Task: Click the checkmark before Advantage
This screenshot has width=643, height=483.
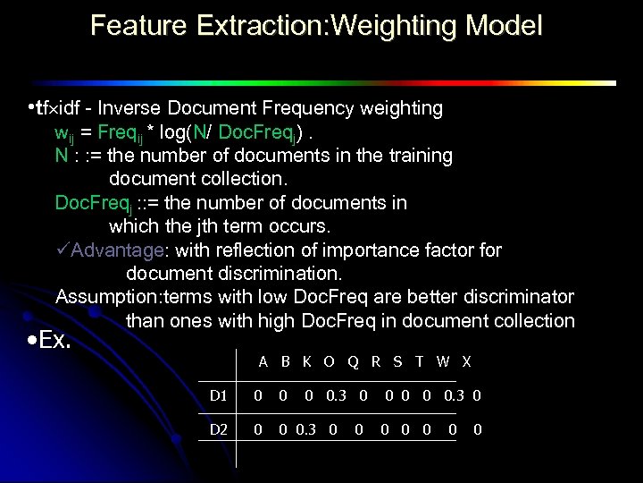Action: coord(62,250)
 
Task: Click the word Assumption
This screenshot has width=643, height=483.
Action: coord(101,296)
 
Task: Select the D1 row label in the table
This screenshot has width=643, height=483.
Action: coord(218,394)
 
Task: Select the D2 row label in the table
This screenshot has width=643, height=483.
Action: coord(218,430)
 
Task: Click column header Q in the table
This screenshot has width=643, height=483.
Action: coord(353,362)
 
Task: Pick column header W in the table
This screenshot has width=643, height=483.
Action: coord(443,362)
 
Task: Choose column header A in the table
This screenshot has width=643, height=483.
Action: coord(263,362)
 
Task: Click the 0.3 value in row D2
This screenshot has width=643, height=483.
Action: coord(305,430)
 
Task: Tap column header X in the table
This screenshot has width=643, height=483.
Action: coord(467,362)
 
